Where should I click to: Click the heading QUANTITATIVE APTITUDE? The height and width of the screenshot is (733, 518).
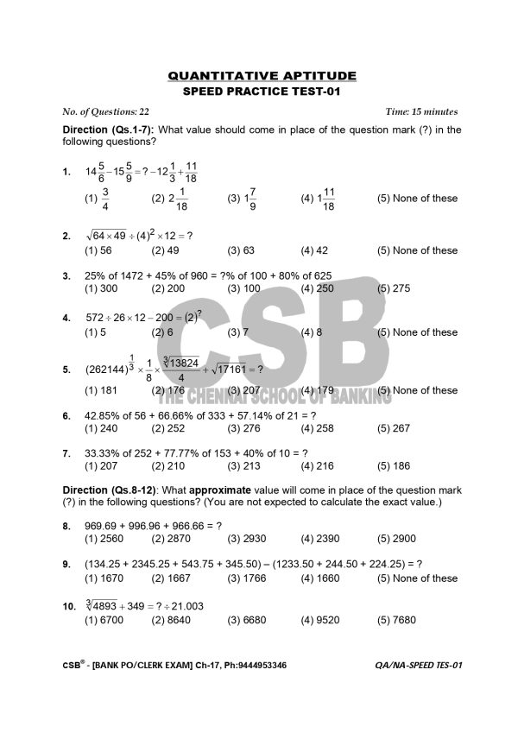(x=262, y=76)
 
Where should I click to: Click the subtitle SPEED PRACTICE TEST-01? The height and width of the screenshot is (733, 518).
(x=262, y=92)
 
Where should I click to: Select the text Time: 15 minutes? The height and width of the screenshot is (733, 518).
(x=421, y=112)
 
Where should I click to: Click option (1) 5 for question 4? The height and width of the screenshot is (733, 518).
(x=95, y=332)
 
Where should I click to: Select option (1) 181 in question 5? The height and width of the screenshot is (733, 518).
(x=101, y=390)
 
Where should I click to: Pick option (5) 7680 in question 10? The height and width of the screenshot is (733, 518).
(x=397, y=620)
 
